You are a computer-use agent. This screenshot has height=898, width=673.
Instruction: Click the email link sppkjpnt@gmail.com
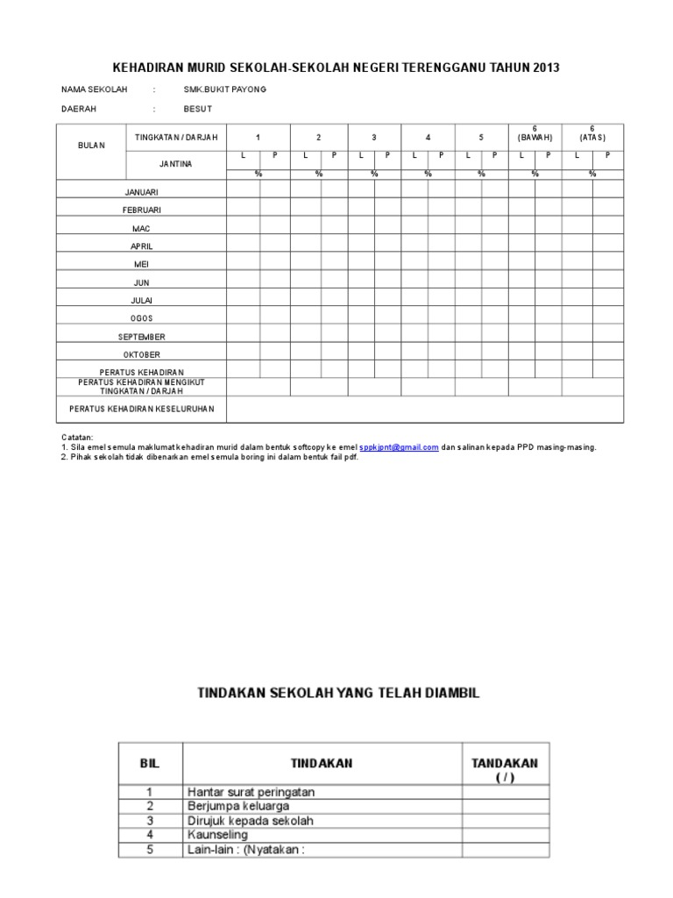399,447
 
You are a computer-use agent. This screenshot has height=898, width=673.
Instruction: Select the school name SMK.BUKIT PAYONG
225,89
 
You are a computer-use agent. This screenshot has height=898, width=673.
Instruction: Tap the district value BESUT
197,110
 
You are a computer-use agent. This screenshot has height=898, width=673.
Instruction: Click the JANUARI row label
142,192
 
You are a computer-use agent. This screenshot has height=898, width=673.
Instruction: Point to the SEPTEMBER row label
142,337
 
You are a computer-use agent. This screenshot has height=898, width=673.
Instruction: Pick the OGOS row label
142,318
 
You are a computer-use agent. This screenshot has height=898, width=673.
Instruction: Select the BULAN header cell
90,146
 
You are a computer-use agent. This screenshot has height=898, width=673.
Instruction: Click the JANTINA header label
176,164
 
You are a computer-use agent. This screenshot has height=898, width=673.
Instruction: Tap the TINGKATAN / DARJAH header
176,138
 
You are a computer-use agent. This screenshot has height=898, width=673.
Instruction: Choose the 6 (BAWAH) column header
535,133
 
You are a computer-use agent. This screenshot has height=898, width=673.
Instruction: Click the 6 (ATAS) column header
592,133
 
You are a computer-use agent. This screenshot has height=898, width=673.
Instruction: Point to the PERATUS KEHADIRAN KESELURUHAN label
142,409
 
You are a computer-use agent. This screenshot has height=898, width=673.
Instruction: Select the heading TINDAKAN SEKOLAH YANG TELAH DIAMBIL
336,693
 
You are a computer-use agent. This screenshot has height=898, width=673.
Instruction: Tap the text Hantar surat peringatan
251,792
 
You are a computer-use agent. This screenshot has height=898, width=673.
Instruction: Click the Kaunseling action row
217,835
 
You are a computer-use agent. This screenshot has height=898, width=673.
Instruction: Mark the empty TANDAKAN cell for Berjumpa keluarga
507,806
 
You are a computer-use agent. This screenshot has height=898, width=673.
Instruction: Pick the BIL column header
151,763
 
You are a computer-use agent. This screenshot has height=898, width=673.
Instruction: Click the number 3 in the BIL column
151,821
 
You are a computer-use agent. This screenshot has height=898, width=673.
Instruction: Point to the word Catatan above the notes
77,437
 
